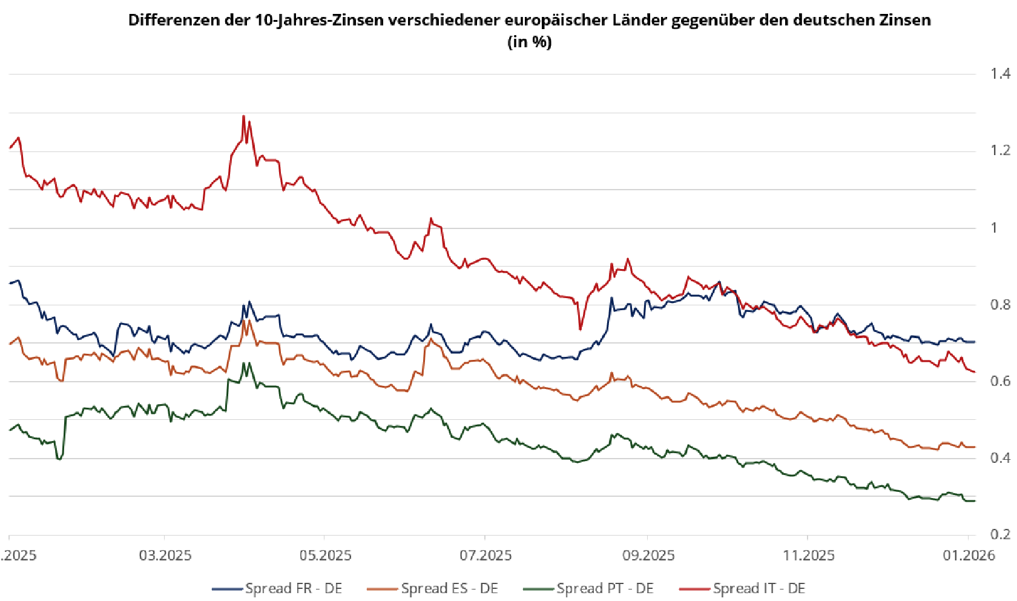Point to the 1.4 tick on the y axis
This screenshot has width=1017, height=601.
(x=1000, y=74)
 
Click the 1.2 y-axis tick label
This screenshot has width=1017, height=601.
(x=1000, y=150)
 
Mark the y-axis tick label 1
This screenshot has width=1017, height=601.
(x=994, y=228)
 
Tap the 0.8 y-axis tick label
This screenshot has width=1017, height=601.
(x=1000, y=305)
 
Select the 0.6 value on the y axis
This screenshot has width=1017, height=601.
(x=1000, y=381)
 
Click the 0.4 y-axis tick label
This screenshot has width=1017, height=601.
(x=1000, y=458)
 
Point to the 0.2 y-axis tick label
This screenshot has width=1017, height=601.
(x=1000, y=534)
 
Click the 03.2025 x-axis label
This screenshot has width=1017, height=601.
(x=165, y=556)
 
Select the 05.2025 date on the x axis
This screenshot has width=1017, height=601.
(x=326, y=556)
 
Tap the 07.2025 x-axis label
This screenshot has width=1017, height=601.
(x=485, y=556)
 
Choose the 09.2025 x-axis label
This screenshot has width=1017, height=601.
(x=648, y=556)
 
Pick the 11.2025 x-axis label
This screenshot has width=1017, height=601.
(x=809, y=556)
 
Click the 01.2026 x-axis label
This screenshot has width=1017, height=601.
(x=969, y=556)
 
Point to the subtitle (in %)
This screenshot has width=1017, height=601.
(x=529, y=42)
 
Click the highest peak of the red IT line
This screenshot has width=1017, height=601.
(x=243, y=116)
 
